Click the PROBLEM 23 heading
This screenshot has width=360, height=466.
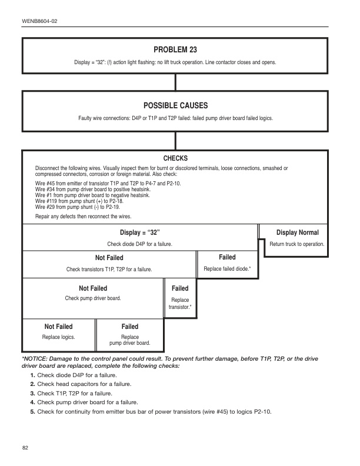[x=175, y=49]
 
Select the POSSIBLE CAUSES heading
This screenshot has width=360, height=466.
[x=175, y=105]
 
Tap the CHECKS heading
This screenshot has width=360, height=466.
[x=175, y=158]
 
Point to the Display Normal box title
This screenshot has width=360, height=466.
[x=297, y=232]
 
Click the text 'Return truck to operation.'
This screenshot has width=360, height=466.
[x=297, y=244]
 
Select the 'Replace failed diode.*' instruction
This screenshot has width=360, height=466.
[x=227, y=269]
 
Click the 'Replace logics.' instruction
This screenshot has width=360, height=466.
[x=58, y=337]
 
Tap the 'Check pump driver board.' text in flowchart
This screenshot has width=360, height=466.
[x=93, y=298]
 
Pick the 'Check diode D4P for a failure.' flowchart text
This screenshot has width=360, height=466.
[x=139, y=244]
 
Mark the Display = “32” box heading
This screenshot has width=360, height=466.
[x=139, y=232]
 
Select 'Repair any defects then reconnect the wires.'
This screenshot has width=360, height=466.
[x=83, y=217]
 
